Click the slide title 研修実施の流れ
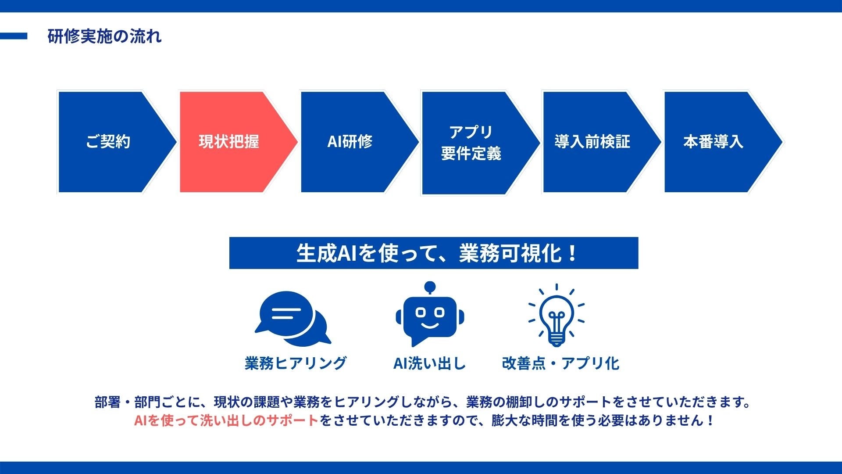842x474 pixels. coord(104,36)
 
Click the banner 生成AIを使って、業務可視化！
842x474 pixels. coord(434,253)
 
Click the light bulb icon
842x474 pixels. coord(556,315)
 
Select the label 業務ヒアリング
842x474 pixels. coord(296,363)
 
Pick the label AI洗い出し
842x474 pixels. coord(429,363)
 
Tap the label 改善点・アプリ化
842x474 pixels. coord(560,363)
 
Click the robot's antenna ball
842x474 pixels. coord(430,286)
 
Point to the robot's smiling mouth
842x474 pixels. coord(430,326)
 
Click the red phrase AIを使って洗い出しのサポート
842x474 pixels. coord(226,420)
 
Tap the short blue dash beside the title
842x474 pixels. coord(14,36)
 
